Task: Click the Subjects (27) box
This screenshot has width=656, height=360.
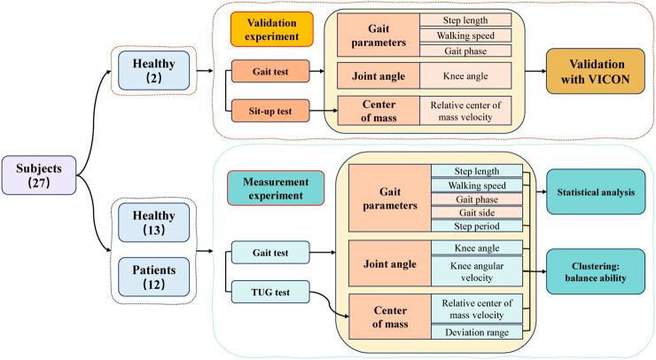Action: [x=39, y=176]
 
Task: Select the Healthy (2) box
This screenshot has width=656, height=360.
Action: [x=153, y=71]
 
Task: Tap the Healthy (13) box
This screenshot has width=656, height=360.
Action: [x=153, y=223]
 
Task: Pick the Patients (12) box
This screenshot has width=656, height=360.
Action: [x=153, y=278]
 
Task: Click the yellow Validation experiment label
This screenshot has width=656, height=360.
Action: [x=272, y=29]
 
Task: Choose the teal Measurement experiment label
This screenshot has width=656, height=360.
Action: [x=276, y=188]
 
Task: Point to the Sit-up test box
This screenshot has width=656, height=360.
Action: [x=270, y=111]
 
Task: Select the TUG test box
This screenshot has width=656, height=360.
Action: [x=270, y=293]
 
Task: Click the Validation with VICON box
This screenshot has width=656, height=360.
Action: [x=596, y=71]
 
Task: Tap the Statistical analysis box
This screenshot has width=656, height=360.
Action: [x=596, y=192]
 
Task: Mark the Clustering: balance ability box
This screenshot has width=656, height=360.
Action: [x=596, y=271]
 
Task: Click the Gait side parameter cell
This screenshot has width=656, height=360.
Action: [x=477, y=213]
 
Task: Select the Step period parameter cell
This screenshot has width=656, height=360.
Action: [x=477, y=226]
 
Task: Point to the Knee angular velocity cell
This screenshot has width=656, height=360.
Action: [x=477, y=271]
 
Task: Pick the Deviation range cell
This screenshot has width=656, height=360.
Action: [x=477, y=333]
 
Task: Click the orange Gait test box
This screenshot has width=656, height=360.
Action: [x=270, y=71]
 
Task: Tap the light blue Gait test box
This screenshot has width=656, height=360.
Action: [x=270, y=253]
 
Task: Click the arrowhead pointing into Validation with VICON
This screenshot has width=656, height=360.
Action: [x=543, y=71]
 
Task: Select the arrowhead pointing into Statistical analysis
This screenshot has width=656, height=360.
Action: [x=544, y=192]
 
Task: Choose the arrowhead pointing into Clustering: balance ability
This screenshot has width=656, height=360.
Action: [x=544, y=271]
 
